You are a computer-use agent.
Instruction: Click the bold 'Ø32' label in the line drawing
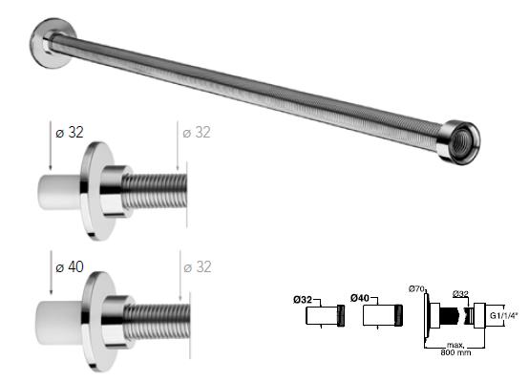[304, 298]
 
